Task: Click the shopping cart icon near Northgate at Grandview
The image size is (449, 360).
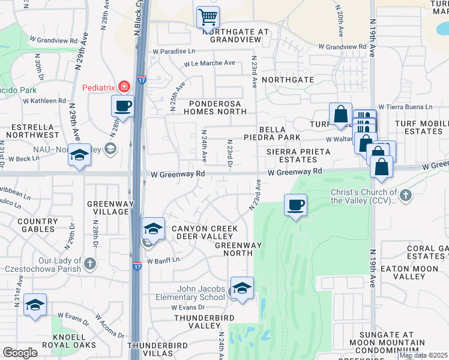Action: point(208,17)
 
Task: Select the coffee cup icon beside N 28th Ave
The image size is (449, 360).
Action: point(122,107)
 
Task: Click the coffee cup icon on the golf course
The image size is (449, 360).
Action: point(295,205)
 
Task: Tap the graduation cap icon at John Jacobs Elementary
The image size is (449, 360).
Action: point(242,288)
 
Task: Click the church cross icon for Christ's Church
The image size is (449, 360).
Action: point(406,195)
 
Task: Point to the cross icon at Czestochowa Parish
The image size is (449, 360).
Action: point(90,263)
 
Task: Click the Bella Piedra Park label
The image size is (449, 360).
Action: point(279,133)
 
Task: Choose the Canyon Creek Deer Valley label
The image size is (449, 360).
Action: point(205,232)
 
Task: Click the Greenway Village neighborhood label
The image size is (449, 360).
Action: point(110,208)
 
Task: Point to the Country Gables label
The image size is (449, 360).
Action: point(37,225)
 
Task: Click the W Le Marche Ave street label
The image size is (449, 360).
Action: point(209,63)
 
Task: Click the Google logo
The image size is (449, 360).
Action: point(20,353)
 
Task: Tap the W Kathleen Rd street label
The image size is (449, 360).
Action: point(44,100)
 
